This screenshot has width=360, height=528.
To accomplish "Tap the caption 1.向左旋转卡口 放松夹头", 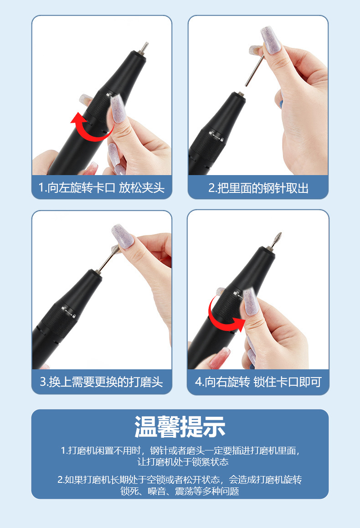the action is point(102,187).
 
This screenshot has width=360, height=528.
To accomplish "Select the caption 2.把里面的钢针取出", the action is point(258,188).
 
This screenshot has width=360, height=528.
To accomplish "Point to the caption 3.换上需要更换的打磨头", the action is point(102,382).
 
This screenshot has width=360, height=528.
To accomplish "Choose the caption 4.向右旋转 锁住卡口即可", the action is point(258,382).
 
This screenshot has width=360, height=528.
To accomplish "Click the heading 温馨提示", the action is point(180,427).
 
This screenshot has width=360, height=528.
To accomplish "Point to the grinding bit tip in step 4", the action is point(278,238).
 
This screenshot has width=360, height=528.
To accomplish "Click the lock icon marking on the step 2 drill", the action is point(216,136).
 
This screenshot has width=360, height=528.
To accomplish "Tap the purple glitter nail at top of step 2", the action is point(271,40).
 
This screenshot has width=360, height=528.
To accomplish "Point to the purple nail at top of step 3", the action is point(123,236).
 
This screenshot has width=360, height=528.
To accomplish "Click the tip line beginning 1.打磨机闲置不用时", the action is point(180,450).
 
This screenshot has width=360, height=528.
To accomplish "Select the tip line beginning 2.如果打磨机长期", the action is point(180,479).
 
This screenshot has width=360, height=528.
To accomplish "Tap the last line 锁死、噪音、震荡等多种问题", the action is point(180,491).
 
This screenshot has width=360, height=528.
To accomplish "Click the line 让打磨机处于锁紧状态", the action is point(183,462).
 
